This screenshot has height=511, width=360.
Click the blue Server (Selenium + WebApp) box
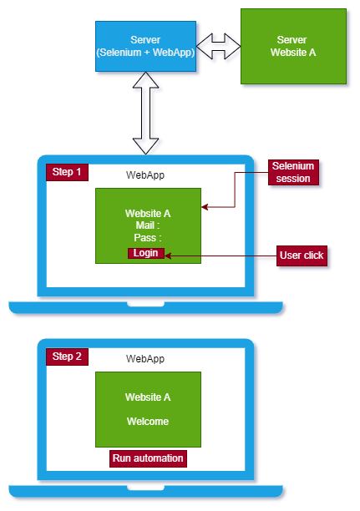(x=145, y=46)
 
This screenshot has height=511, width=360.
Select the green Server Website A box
(x=293, y=46)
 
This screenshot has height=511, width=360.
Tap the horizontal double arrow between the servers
(x=219, y=46)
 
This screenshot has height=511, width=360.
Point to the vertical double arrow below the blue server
(x=145, y=113)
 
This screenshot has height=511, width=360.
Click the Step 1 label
(x=67, y=172)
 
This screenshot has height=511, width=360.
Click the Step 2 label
(x=67, y=357)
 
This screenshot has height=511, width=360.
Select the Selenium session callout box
(x=293, y=172)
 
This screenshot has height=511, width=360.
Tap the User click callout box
(x=302, y=255)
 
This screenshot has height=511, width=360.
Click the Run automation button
(x=148, y=458)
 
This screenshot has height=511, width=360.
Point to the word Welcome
(x=148, y=422)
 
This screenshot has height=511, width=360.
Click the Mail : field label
(x=148, y=225)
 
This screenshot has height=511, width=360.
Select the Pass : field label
(x=148, y=238)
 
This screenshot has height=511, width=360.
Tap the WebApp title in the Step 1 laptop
(x=145, y=175)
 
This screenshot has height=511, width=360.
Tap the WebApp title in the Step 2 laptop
(x=145, y=359)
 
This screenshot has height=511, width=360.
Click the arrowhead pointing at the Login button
(x=168, y=255)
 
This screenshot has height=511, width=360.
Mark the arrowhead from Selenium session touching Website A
(x=205, y=206)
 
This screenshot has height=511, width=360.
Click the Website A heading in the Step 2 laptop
(x=148, y=397)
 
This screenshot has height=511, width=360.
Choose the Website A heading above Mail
(x=148, y=214)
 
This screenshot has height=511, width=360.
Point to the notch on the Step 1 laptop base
(x=145, y=305)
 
